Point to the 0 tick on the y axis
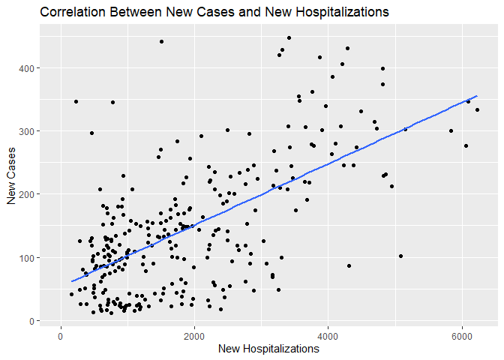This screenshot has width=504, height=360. (x=46, y=321)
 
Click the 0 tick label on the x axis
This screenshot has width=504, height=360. (x=61, y=334)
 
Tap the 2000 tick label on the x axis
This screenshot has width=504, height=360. (x=194, y=334)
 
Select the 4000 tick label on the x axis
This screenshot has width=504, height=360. (x=328, y=334)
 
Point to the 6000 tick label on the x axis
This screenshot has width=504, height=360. (x=462, y=334)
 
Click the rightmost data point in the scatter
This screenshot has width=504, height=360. (x=477, y=109)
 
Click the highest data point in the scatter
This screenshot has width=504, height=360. (x=289, y=37)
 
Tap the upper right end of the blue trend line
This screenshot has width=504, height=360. (x=477, y=96)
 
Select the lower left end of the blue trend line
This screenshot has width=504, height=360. (x=71, y=282)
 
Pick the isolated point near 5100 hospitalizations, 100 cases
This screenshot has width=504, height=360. (x=400, y=256)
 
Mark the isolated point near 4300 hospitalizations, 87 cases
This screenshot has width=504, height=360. (x=349, y=265)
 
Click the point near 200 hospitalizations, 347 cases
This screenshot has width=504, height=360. (x=76, y=101)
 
